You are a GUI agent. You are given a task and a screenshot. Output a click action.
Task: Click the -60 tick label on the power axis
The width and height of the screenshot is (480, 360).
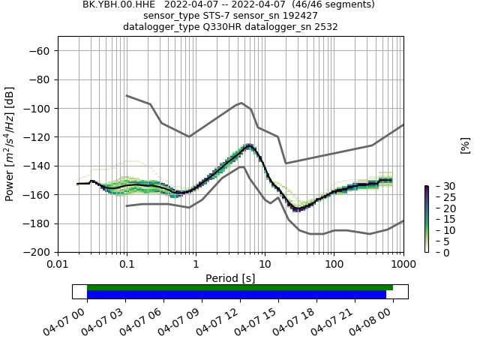[40, 50]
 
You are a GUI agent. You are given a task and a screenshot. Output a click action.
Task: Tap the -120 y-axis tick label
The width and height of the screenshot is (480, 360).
[38, 137]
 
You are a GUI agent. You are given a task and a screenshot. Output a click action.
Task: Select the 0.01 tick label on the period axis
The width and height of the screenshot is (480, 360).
[58, 265]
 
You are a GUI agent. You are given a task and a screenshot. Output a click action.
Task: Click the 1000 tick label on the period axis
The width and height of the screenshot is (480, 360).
[403, 265]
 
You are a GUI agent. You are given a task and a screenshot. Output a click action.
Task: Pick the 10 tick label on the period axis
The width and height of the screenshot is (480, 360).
[265, 265]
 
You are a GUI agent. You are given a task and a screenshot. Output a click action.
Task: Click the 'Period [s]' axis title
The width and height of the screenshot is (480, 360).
[230, 278]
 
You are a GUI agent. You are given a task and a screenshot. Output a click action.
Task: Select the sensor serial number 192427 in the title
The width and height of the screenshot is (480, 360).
[300, 16]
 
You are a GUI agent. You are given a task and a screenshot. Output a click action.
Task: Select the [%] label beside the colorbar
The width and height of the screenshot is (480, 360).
[465, 145]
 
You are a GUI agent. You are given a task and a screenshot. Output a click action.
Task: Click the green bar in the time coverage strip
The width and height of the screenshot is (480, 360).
[240, 287]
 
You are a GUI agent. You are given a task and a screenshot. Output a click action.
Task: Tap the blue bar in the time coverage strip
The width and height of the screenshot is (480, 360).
[236, 295]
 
